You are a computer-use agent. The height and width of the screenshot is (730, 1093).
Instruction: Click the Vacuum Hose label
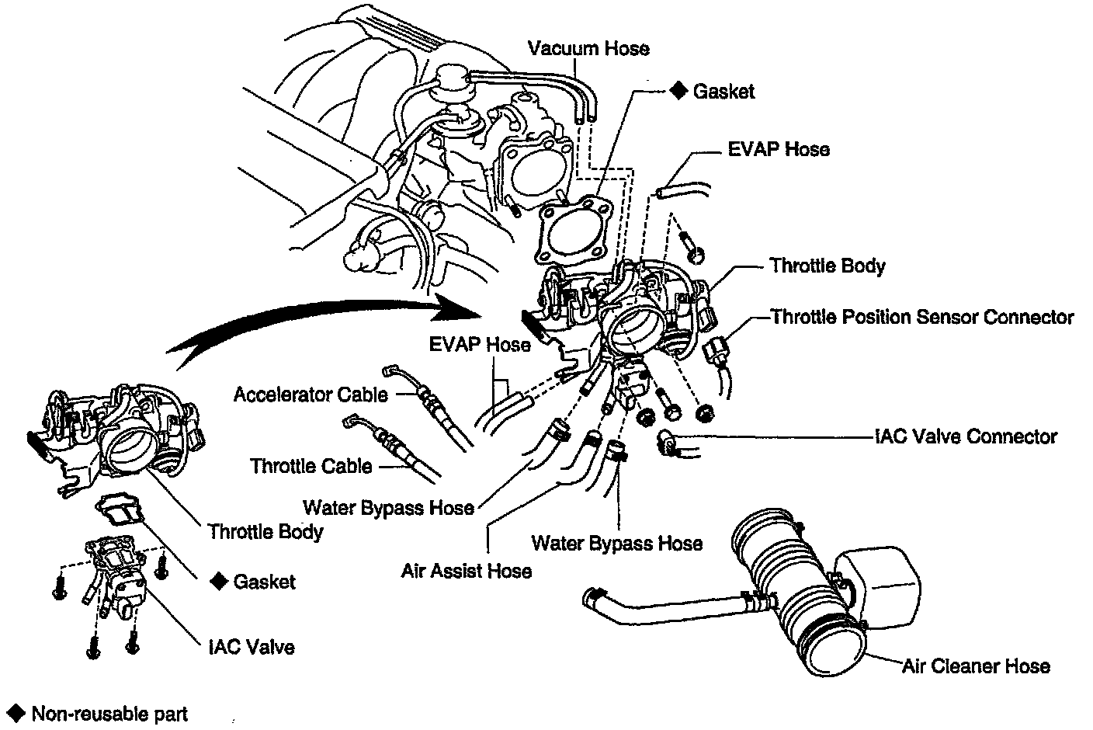click(x=588, y=48)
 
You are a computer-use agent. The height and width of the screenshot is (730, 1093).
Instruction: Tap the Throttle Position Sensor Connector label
click(x=922, y=317)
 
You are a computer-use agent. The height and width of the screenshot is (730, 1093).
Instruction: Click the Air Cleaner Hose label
click(x=976, y=666)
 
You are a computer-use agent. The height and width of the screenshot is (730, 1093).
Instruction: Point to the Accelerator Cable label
click(x=311, y=395)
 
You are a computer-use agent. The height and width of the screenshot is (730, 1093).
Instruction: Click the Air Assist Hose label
click(x=467, y=571)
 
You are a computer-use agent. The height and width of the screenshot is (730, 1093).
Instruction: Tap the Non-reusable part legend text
click(x=109, y=713)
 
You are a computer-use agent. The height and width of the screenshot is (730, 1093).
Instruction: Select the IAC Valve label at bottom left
click(x=252, y=646)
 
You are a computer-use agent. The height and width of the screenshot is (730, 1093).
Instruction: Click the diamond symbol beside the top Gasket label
click(x=678, y=91)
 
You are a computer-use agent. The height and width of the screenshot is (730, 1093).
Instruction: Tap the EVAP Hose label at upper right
click(x=778, y=148)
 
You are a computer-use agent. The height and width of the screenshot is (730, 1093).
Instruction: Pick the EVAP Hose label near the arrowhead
click(x=481, y=344)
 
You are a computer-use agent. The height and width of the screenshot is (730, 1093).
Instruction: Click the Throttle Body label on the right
click(x=828, y=266)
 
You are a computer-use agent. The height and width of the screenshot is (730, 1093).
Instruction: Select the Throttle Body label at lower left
click(x=265, y=531)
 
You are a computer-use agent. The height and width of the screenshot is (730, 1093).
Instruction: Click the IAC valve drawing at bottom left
click(x=116, y=575)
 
